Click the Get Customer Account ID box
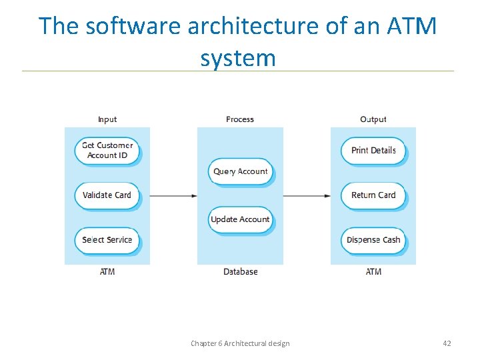[x=107, y=150]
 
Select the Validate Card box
[x=107, y=195]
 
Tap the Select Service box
[x=107, y=240]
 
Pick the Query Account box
[x=240, y=171]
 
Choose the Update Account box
[x=240, y=219]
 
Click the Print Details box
[x=373, y=150]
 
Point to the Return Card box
[x=373, y=195]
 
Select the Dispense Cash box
[x=373, y=240]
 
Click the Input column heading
[x=107, y=119]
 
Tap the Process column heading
[x=240, y=119]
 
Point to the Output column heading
[x=373, y=119]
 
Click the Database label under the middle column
[x=240, y=271]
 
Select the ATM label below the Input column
[x=107, y=271]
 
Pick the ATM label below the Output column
[x=373, y=271]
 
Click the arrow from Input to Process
[x=173, y=195]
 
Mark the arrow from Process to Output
[x=307, y=195]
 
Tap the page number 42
[x=447, y=343]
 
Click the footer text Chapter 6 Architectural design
[x=240, y=343]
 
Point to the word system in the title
[x=238, y=59]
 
